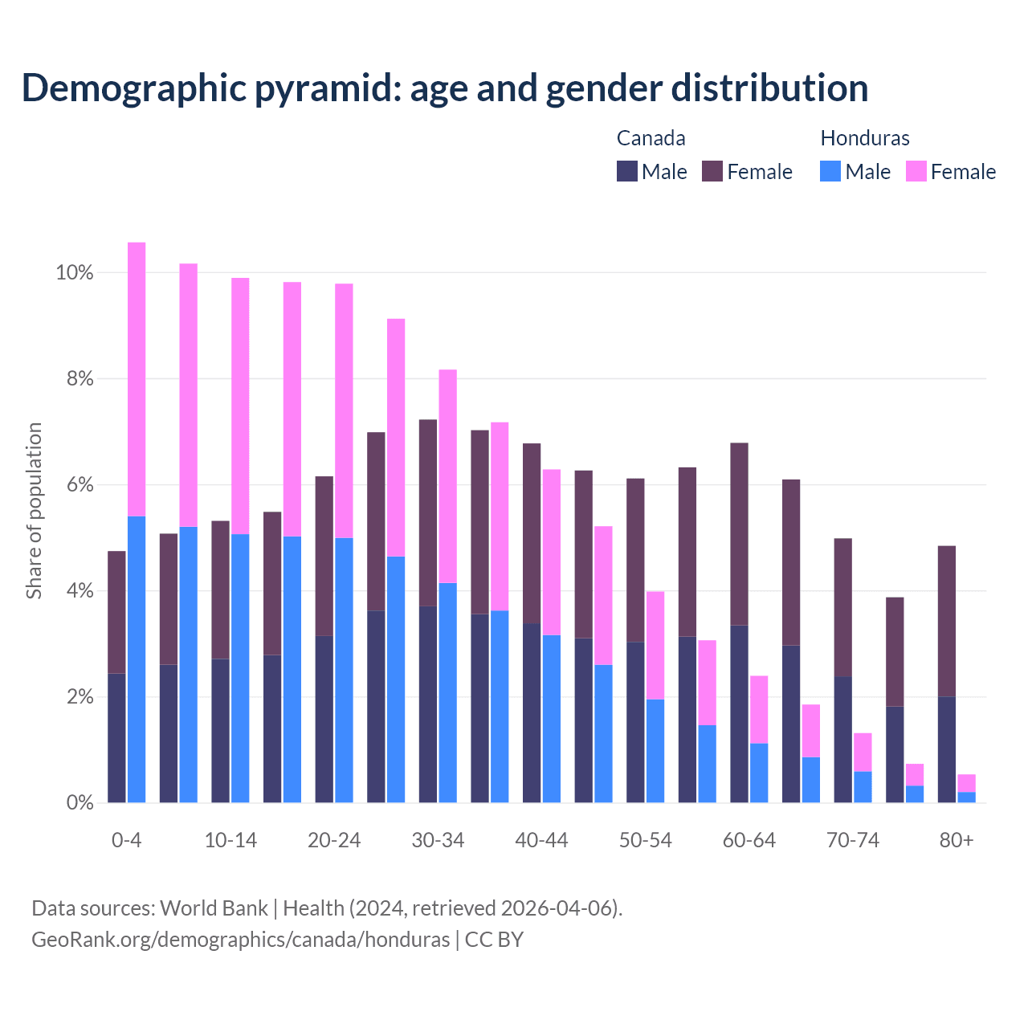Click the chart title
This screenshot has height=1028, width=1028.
445,88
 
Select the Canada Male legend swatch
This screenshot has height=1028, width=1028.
627,171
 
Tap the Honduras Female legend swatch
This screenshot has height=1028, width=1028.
916,171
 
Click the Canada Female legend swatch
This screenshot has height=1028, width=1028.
712,171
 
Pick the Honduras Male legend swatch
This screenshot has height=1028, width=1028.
830,171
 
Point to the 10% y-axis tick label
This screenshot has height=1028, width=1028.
75,273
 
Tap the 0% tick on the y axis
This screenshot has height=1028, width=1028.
80,802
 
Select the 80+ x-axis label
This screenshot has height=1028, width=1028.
957,841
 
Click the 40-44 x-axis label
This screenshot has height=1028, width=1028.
541,841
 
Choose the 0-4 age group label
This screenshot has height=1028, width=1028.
127,841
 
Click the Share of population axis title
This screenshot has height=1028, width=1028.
34,511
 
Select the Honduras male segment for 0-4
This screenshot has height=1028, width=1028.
137,659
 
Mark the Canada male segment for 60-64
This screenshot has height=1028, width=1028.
740,713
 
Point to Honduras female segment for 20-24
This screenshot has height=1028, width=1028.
344,410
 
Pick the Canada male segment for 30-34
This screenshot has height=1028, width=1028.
428,704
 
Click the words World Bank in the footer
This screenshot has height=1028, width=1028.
214,908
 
